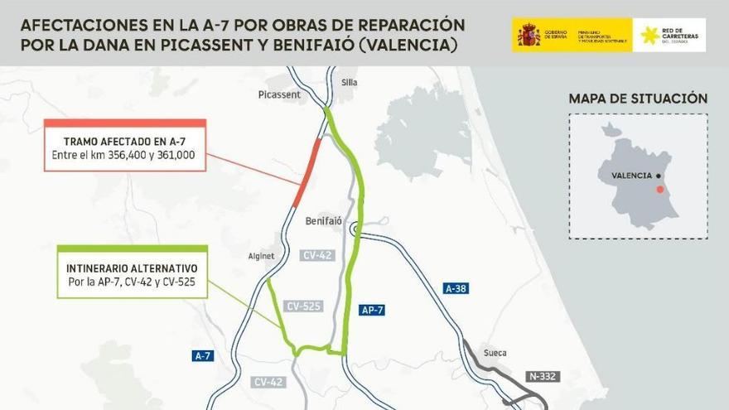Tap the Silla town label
(x=349, y=82)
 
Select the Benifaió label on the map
(x=323, y=222)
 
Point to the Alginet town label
(x=261, y=256)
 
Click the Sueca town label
(x=495, y=353)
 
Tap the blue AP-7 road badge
(x=372, y=311)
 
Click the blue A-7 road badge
(x=203, y=355)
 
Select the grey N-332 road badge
(x=543, y=376)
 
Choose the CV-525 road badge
(x=302, y=306)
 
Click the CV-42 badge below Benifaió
(x=318, y=255)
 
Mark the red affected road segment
(x=307, y=173)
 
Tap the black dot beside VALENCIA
(x=657, y=176)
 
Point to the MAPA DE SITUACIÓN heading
(x=638, y=99)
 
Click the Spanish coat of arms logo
(x=529, y=35)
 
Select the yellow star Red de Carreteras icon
(x=651, y=35)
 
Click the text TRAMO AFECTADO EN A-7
(x=124, y=142)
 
